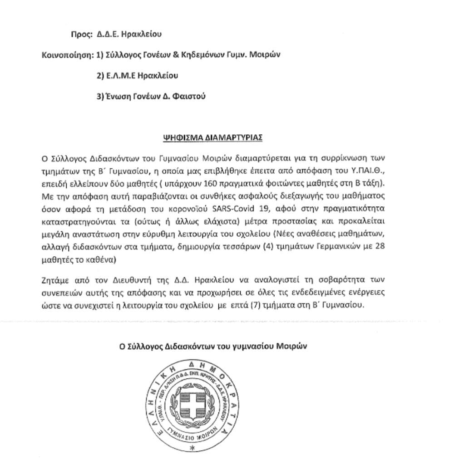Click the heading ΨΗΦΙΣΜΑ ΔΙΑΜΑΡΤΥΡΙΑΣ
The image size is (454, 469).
tap(212, 137)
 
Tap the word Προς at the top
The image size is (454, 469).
tap(81, 34)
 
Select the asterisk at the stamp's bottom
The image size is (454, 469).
tap(191, 448)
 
